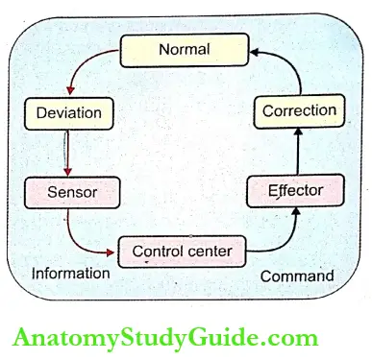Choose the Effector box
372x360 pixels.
click(x=295, y=190)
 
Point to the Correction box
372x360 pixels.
click(x=299, y=110)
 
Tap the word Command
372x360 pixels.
click(x=297, y=276)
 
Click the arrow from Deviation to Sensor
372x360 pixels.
click(x=64, y=151)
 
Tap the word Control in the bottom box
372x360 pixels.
click(x=157, y=252)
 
